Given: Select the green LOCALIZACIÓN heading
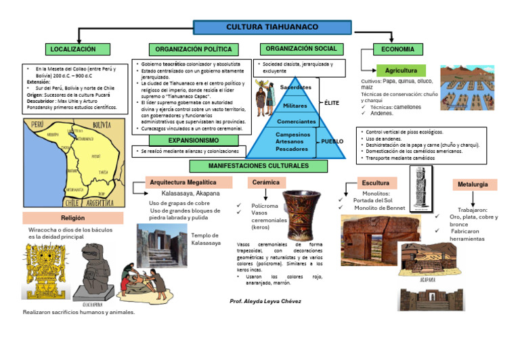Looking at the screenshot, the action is [x=72, y=49].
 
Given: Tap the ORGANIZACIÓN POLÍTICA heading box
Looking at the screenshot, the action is [x=193, y=49].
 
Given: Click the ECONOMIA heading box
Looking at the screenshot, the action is [x=398, y=49].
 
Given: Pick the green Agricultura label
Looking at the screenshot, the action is [x=401, y=71].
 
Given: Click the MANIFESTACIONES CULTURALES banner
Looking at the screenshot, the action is [x=259, y=166].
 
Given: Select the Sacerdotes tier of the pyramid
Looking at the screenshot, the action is [x=295, y=87].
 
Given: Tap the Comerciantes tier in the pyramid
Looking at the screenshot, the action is [x=296, y=122].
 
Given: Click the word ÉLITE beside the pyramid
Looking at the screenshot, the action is [x=332, y=102].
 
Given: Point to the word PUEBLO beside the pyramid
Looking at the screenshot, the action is [x=332, y=141].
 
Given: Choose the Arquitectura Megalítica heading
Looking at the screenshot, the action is [x=183, y=183].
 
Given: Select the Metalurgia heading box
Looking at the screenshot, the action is [x=474, y=184].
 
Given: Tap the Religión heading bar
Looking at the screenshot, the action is [x=72, y=218].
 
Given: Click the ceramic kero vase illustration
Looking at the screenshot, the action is [x=301, y=215].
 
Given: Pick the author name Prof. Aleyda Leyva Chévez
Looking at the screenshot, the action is [x=265, y=300].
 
